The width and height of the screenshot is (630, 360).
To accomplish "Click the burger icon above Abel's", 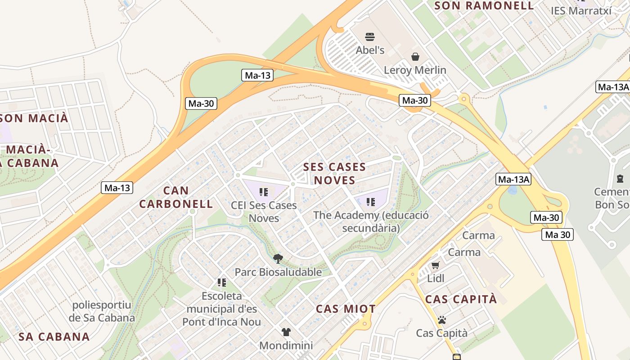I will (x=370, y=36).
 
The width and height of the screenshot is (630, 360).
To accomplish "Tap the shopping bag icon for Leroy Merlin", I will (x=415, y=57).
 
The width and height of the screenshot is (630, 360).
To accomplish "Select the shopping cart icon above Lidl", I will (x=435, y=265).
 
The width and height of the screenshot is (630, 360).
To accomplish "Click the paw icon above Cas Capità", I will (x=442, y=320).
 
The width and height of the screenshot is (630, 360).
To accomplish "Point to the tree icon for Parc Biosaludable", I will (x=278, y=258).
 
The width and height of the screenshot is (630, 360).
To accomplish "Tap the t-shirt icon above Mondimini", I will (x=286, y=332).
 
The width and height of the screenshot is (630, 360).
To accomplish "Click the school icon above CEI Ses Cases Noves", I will (x=264, y=192).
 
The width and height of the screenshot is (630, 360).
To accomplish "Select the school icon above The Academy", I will (x=370, y=202).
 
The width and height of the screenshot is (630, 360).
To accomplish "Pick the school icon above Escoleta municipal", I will (x=221, y=282).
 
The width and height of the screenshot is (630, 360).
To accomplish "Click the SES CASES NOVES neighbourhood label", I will (x=334, y=174).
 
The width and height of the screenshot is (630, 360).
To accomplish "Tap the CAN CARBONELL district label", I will (x=176, y=197).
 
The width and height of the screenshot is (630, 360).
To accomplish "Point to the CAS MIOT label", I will (x=346, y=309).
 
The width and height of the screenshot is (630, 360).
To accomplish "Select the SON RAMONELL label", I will (x=484, y=6).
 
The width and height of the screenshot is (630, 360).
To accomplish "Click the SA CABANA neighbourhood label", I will (x=54, y=337).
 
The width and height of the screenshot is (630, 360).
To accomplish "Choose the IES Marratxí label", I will (x=581, y=10).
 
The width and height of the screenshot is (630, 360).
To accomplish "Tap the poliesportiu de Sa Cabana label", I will (x=102, y=311).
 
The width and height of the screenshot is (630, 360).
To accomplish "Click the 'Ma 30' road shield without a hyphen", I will (x=558, y=234).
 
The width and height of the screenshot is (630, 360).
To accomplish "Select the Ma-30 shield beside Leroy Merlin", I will (x=414, y=100).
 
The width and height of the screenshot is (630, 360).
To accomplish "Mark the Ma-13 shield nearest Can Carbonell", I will (x=117, y=188).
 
